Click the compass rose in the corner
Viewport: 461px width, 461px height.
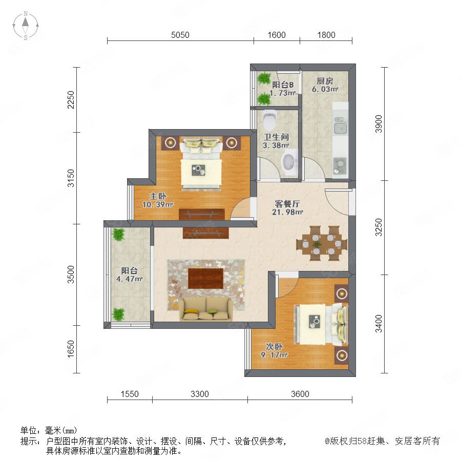point(26,26)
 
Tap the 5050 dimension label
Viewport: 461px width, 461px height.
point(180,35)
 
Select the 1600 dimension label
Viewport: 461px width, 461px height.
point(277,35)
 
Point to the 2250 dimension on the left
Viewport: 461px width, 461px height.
point(71,100)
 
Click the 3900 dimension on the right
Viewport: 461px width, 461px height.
point(379,124)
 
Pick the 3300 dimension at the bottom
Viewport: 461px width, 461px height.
point(200,394)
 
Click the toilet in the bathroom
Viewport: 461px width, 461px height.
point(269,120)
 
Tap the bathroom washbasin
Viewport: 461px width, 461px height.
point(289,162)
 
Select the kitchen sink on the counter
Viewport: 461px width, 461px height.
point(341,126)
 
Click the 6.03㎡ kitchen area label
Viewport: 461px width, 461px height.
point(325,89)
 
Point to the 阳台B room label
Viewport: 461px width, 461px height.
point(283,85)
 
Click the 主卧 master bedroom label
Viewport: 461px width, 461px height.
point(158,196)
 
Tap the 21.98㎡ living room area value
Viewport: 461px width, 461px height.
point(287,212)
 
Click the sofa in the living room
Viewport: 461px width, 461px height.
point(206,309)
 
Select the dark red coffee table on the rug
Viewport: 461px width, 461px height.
point(206,278)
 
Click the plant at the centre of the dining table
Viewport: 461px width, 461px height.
point(317,244)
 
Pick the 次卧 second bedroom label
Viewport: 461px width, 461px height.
point(275,347)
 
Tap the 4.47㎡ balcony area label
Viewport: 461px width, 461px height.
point(130,279)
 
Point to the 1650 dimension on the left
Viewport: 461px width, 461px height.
point(71,349)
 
